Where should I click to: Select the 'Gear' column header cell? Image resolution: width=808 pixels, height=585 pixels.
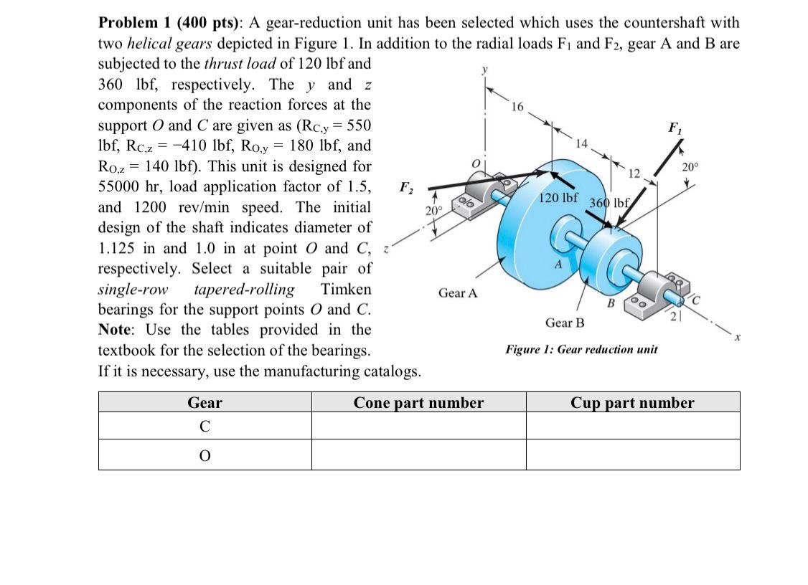click(205, 403)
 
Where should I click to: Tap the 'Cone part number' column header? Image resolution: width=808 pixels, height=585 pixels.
click(418, 403)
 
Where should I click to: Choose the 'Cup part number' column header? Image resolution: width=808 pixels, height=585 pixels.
click(632, 403)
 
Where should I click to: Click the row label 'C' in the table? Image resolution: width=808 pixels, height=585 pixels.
click(205, 427)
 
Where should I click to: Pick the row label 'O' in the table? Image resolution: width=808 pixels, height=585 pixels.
click(205, 455)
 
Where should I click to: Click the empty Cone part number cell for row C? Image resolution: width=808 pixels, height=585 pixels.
click(418, 427)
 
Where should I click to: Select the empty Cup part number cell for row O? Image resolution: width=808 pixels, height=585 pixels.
click(632, 455)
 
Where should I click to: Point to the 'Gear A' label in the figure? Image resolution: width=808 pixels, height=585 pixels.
click(458, 293)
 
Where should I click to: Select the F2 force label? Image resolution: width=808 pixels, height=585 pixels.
click(406, 189)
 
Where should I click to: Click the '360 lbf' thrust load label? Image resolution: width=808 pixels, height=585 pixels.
click(609, 202)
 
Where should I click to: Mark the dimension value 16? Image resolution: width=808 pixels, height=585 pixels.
click(517, 108)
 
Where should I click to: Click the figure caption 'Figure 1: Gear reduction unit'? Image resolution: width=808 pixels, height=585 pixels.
click(581, 349)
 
